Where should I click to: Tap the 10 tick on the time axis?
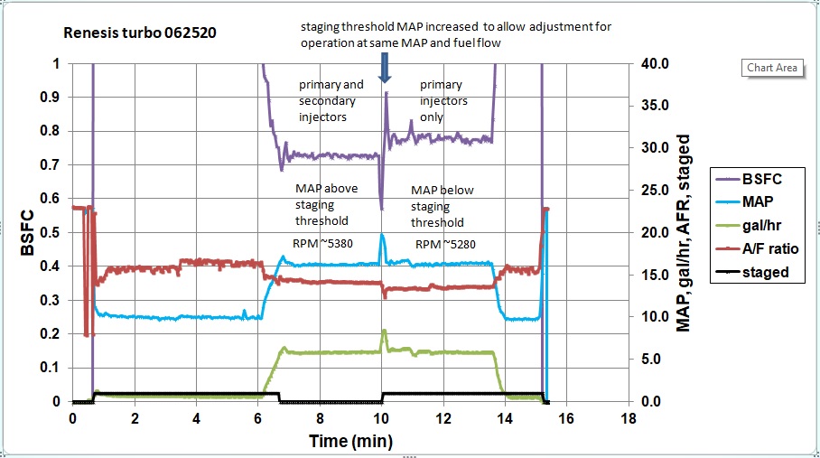click(382, 419)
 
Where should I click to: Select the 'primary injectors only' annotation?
click(444, 93)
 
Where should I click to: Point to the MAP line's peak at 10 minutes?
click(382, 235)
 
